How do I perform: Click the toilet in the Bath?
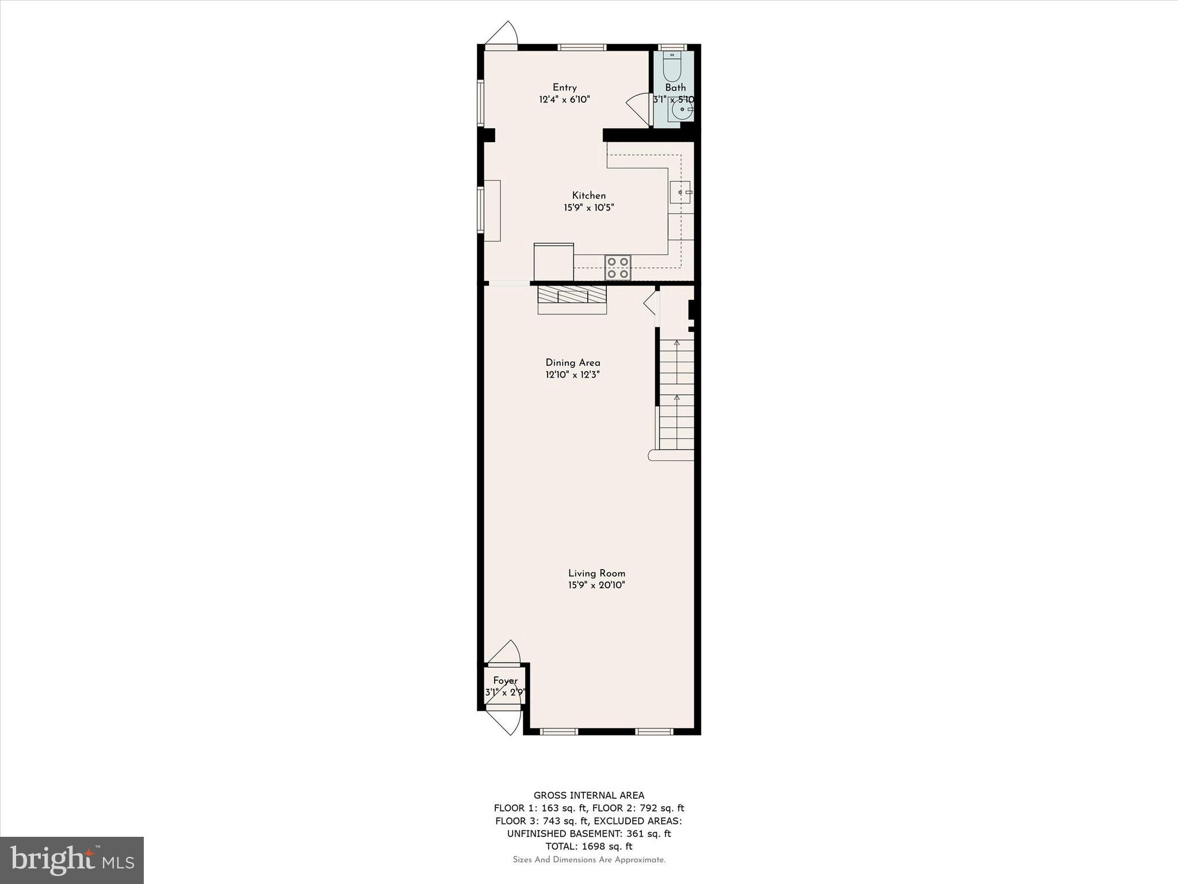(x=671, y=67)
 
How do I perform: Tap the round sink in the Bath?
(x=682, y=109)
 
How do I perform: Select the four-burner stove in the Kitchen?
(x=618, y=268)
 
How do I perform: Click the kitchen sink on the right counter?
(x=680, y=192)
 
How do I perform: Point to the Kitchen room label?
(x=588, y=196)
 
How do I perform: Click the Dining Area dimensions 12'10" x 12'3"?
(x=572, y=375)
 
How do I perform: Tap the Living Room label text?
(x=596, y=573)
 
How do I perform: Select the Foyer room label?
(x=505, y=681)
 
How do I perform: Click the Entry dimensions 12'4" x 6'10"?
(x=564, y=100)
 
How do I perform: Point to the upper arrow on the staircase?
(x=676, y=344)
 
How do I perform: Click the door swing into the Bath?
(x=638, y=108)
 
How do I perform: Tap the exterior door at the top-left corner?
(x=502, y=35)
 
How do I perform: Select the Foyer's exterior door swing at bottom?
(x=504, y=720)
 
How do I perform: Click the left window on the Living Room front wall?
(x=559, y=731)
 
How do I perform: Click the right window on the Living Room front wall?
(x=654, y=731)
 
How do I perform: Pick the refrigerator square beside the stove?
(x=553, y=262)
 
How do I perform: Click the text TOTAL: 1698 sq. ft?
(x=588, y=846)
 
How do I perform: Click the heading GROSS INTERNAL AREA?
(x=588, y=795)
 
